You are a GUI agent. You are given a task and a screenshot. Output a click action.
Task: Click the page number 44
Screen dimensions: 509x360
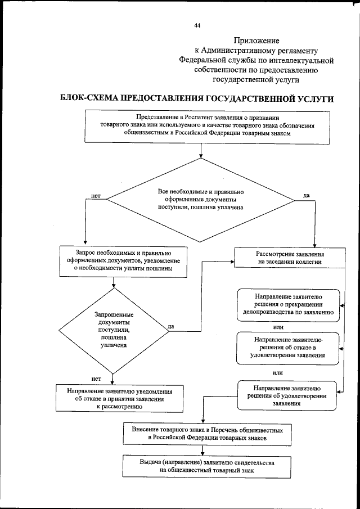pyautogui.click(x=197, y=25)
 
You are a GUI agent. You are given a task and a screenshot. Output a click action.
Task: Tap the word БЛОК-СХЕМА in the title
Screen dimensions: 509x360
pyautogui.click(x=89, y=99)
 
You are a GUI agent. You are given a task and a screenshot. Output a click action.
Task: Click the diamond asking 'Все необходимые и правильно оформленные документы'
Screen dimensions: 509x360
pyautogui.click(x=200, y=200)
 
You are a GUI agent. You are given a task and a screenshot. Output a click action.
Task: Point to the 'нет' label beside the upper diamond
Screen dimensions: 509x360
pyautogui.click(x=96, y=196)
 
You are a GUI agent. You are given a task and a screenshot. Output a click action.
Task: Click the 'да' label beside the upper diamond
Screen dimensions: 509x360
pyautogui.click(x=307, y=195)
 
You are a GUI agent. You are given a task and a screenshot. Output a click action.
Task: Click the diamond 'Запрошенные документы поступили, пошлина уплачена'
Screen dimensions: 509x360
pyautogui.click(x=114, y=331)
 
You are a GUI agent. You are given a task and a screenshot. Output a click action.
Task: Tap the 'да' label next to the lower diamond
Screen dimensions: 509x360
pyautogui.click(x=170, y=326)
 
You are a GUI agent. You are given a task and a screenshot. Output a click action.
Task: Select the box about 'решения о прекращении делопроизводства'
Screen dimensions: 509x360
pyautogui.click(x=287, y=304)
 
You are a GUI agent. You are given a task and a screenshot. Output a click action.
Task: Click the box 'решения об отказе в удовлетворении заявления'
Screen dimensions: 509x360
pyautogui.click(x=287, y=348)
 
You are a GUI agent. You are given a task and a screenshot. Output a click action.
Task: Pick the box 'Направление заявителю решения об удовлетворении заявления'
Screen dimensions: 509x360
pyautogui.click(x=287, y=395)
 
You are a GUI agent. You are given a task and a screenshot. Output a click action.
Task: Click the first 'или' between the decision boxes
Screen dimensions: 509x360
pyautogui.click(x=278, y=327)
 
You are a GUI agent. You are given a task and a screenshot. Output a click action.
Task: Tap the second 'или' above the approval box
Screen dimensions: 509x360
pyautogui.click(x=277, y=372)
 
